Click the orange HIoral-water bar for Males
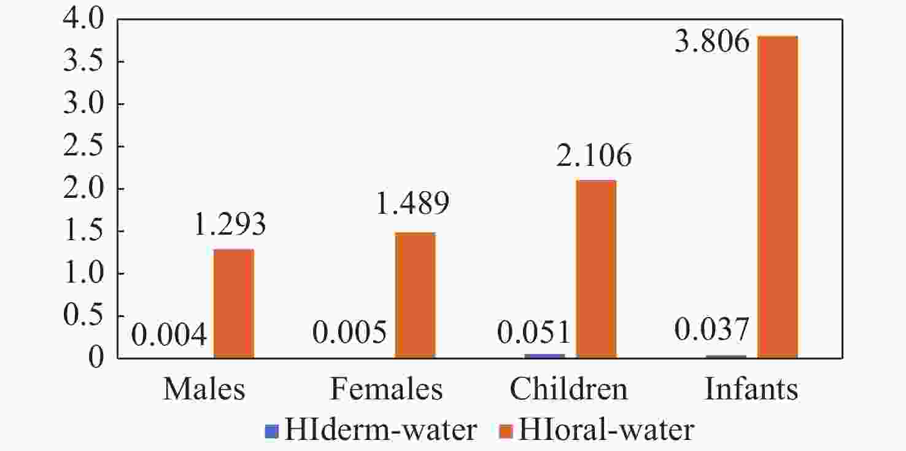pyautogui.click(x=233, y=303)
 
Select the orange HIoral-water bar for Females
pyautogui.click(x=415, y=294)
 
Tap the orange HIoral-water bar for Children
pyautogui.click(x=596, y=269)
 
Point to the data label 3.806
pyautogui.click(x=712, y=42)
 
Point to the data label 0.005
pyautogui.click(x=349, y=334)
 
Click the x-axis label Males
pyautogui.click(x=204, y=390)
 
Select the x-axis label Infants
pyautogui.click(x=751, y=390)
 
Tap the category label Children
pyautogui.click(x=569, y=390)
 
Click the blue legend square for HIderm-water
pyautogui.click(x=272, y=431)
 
